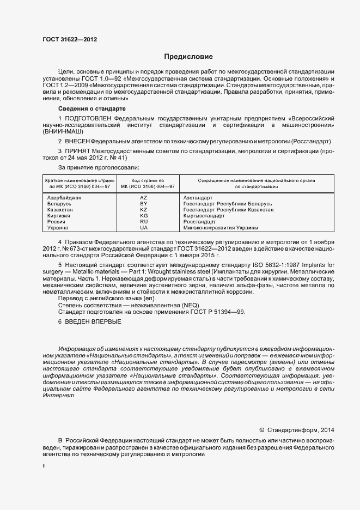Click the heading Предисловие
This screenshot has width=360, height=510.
[x=188, y=57]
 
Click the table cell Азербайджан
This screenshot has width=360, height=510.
[x=65, y=198]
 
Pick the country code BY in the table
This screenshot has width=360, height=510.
[x=144, y=204]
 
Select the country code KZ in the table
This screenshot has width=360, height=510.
[x=144, y=210]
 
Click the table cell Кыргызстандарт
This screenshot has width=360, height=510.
[x=204, y=216]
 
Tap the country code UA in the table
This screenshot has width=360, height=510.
[x=144, y=228]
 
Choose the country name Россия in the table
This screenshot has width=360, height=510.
[x=57, y=222]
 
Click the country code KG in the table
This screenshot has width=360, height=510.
[x=144, y=216]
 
